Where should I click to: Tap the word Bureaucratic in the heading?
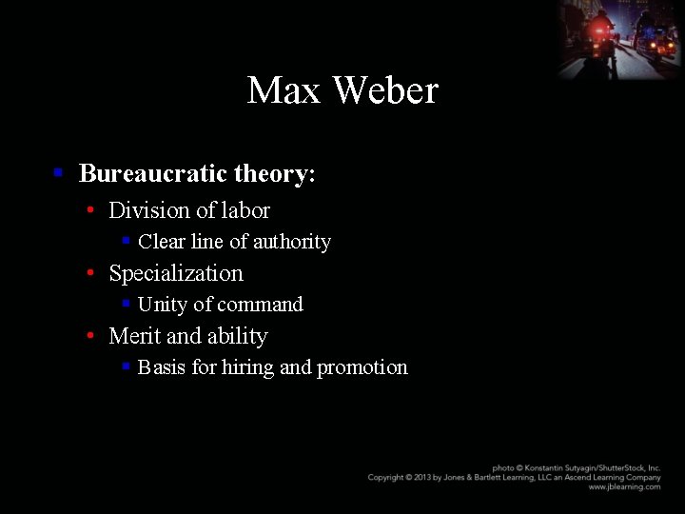pos(153,173)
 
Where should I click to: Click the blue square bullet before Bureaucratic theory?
pos(58,173)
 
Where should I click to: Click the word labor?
pos(245,210)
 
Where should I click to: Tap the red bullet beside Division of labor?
pos(89,210)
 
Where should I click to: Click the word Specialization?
pos(176,273)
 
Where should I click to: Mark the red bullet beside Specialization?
pos(89,273)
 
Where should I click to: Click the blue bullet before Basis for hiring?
pos(126,366)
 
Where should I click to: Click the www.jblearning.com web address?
pos(624,486)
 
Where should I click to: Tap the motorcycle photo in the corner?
pos(621,38)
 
